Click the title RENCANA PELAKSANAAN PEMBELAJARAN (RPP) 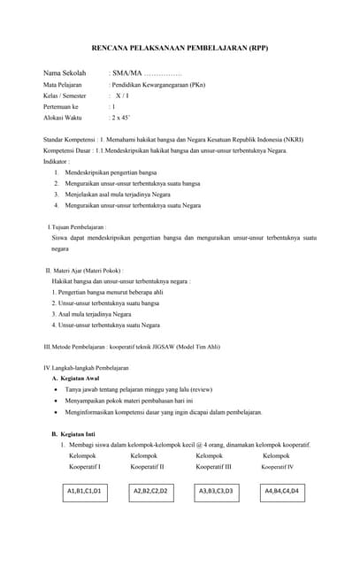[x=180, y=47]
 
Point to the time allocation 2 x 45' [x=119, y=116]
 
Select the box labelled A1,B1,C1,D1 [x=84, y=490]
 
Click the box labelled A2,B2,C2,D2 [x=150, y=490]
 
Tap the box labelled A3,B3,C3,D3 [x=215, y=490]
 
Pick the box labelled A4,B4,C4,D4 [x=281, y=490]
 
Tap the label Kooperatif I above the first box [x=85, y=466]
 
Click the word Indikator [x=56, y=162]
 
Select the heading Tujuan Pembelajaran [x=83, y=227]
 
